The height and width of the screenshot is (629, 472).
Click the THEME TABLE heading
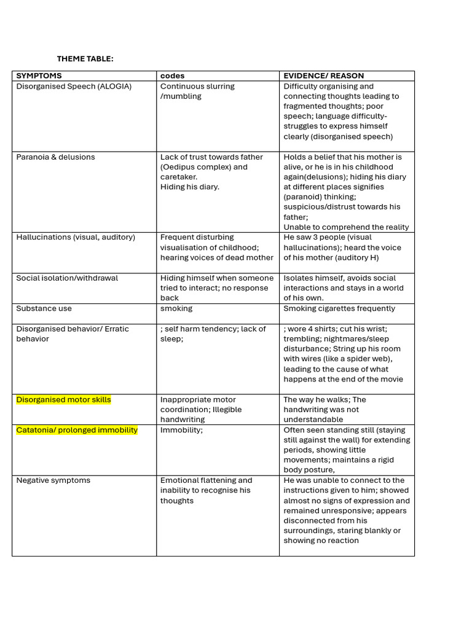85,59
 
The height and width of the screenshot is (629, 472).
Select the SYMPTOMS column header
39,76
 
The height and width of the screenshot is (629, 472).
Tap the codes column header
172,76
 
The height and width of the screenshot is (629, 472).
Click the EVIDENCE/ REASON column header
323,76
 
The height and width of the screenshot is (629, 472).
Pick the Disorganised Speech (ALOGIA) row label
74,87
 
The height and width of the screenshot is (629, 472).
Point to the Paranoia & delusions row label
55,157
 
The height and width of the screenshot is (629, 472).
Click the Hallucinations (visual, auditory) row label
76,237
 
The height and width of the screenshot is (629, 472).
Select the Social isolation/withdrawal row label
67,278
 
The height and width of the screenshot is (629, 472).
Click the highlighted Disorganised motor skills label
63,400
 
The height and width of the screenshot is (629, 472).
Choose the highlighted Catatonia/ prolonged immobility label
77,430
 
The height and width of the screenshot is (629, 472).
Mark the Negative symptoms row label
53,480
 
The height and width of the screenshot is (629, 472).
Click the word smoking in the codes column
176,308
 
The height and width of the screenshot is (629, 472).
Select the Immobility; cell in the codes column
181,430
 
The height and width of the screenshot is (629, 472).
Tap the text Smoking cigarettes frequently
339,308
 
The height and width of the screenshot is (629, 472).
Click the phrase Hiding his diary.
189,187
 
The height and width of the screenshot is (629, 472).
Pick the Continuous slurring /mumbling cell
197,92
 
